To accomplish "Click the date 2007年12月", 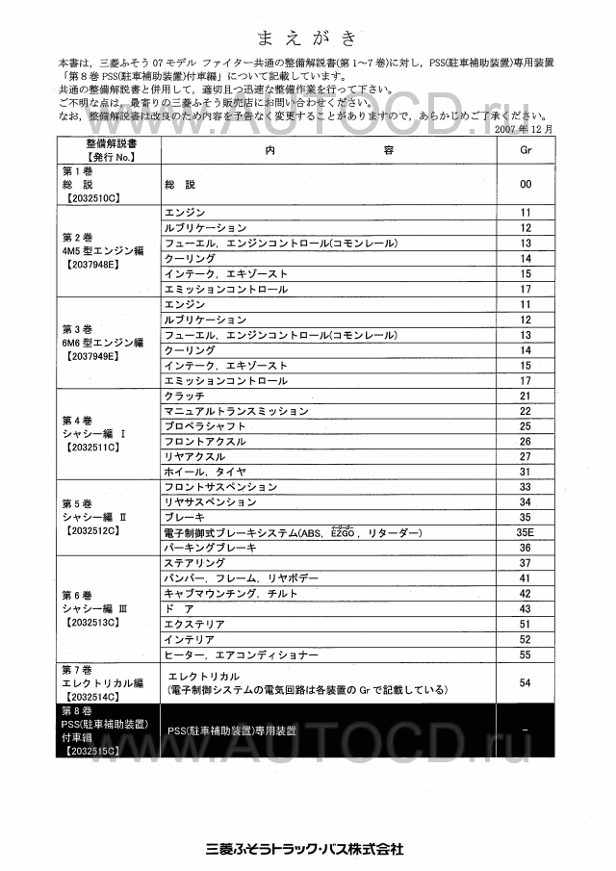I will click(x=524, y=128).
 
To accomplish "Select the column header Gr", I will click(x=526, y=151).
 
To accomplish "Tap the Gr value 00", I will click(x=526, y=183).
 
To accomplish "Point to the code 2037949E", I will click(x=92, y=356).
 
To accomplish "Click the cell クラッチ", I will click(x=185, y=396).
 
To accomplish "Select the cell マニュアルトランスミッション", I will click(x=236, y=411).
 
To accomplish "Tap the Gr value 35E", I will click(x=526, y=532).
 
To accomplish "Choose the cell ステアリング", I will click(x=196, y=563).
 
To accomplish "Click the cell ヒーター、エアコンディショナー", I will click(x=242, y=654).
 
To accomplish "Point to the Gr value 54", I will click(x=526, y=681).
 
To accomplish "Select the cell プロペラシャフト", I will click(x=203, y=426).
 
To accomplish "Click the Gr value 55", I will click(x=526, y=654).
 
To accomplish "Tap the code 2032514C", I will click(x=92, y=696).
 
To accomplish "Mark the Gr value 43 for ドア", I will click(x=526, y=608).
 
